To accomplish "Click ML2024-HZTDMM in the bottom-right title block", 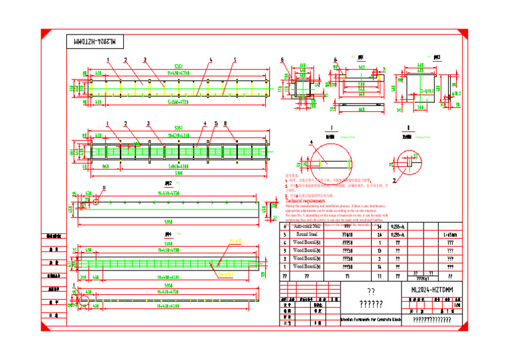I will (x=427, y=290).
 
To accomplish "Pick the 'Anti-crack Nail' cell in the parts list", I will (x=308, y=226).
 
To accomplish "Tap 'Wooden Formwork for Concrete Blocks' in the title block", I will (x=371, y=320).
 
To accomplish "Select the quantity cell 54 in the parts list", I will (x=380, y=226).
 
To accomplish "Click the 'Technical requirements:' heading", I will (x=308, y=200).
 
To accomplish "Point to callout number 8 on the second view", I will (x=225, y=123).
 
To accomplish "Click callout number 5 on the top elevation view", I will (x=234, y=60).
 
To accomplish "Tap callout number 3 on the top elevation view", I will (x=144, y=60).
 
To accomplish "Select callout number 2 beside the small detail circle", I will (x=395, y=178).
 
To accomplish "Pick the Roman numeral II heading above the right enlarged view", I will (x=408, y=127).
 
